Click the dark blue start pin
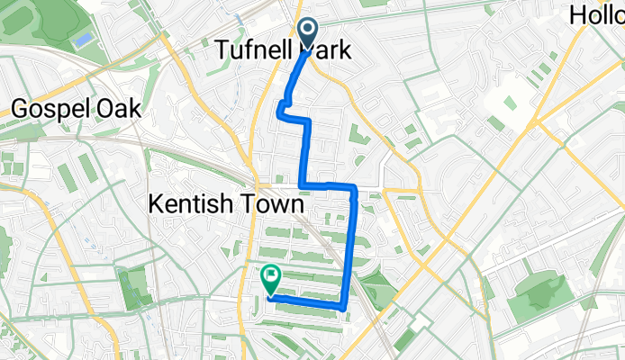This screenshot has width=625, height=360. [x=308, y=34]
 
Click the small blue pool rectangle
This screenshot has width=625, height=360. [x=83, y=40]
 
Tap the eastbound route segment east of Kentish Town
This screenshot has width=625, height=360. [x=328, y=187]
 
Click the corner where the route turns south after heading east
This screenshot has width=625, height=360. [x=355, y=187]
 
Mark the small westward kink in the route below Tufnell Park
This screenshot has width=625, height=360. [x=282, y=111]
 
